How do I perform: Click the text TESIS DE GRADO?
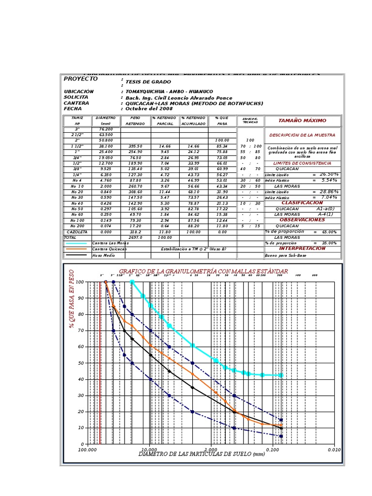(x=148, y=82)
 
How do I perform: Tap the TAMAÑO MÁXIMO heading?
(x=302, y=121)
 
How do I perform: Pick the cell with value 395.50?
(x=135, y=146)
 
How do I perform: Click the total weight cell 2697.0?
(x=135, y=238)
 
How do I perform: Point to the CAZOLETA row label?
(x=77, y=232)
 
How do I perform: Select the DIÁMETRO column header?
(x=106, y=118)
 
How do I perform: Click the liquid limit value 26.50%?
(x=329, y=174)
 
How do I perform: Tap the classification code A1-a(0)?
(x=325, y=209)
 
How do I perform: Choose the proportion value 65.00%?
(x=329, y=232)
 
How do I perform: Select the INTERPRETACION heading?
(x=302, y=248)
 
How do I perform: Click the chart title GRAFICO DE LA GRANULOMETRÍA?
(x=203, y=271)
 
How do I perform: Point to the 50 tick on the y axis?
(x=80, y=363)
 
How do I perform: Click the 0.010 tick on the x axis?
(x=334, y=450)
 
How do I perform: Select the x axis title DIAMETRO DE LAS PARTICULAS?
(x=202, y=454)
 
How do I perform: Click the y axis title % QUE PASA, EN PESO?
(x=72, y=299)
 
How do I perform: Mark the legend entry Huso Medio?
(x=101, y=255)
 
